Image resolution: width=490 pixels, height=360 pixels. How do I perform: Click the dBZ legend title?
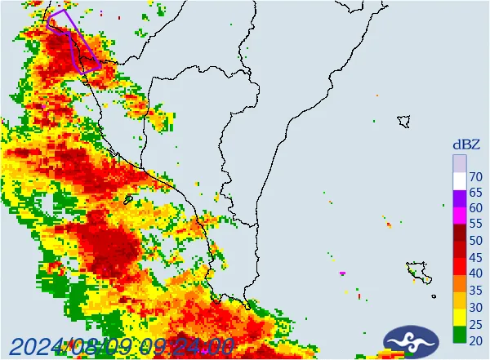coord(466,144)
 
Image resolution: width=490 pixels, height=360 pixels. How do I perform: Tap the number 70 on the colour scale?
coord(476,177)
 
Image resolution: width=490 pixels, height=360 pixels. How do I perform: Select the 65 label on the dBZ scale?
coord(476,193)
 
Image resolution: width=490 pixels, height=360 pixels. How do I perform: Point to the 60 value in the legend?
coord(476,209)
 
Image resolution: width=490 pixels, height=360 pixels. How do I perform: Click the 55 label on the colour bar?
coord(476,224)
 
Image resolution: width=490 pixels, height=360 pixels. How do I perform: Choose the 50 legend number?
coord(476,241)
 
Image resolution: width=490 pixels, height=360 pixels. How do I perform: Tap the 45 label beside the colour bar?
coord(476,256)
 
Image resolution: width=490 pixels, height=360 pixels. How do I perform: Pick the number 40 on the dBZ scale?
coord(476,273)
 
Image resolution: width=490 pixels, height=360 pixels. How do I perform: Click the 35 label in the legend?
coord(476,289)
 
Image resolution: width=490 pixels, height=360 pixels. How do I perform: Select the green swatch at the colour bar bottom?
coord(460,334)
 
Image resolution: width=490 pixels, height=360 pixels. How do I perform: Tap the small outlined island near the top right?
coord(403,121)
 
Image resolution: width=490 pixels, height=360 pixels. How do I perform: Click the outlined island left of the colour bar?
coord(418,270)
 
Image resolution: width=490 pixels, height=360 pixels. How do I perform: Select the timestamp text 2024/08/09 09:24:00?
coord(122,347)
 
